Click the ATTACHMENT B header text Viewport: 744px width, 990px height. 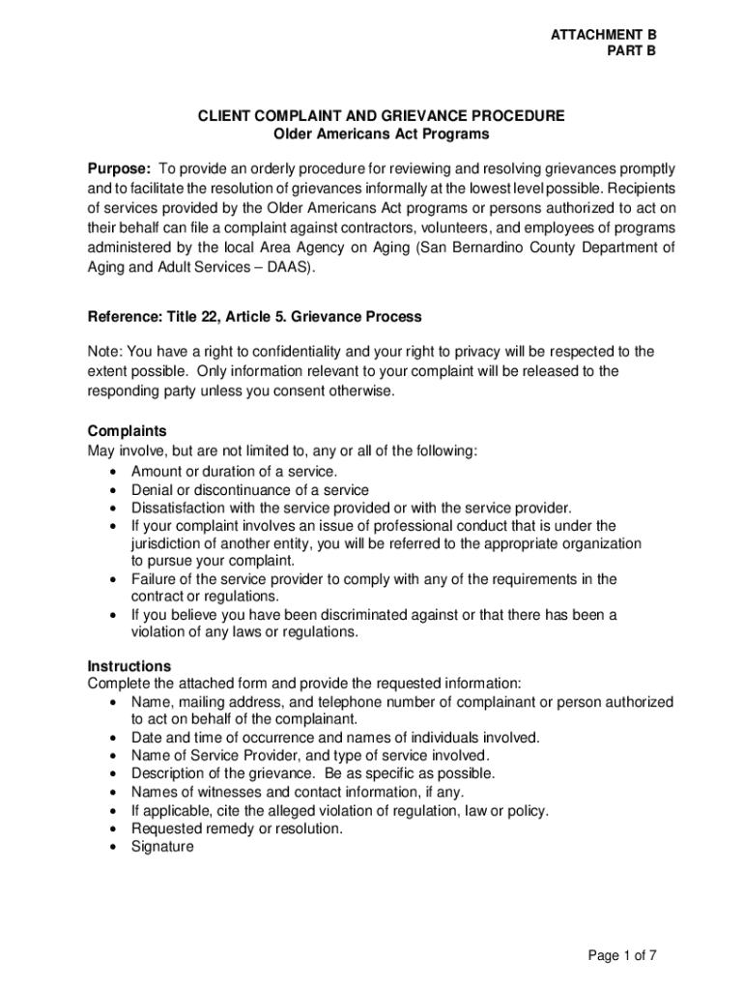[602, 35]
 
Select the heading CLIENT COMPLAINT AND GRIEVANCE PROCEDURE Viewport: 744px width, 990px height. [382, 116]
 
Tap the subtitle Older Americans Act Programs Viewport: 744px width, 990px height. [382, 134]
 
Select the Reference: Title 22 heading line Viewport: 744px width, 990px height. [254, 317]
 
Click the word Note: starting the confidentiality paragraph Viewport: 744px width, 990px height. [105, 352]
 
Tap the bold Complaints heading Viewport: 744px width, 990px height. [127, 431]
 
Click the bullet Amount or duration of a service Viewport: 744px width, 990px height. [235, 472]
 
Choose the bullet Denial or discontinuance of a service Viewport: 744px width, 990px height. [250, 490]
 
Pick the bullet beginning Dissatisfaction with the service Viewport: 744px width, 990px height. [352, 508]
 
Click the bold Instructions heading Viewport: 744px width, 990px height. [129, 666]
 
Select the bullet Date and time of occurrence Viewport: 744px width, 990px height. [335, 738]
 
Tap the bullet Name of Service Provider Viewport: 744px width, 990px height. [311, 755]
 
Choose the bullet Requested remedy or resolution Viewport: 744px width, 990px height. [237, 829]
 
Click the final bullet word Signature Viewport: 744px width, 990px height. [162, 847]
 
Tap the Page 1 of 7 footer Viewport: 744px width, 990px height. [622, 956]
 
